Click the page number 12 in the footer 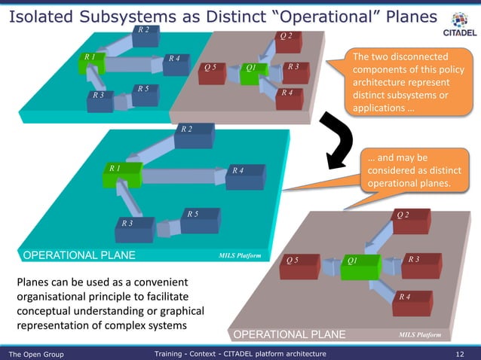coord(460,353)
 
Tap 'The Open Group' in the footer coord(36,353)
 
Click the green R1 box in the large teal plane coord(121,172)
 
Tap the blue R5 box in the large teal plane coord(200,219)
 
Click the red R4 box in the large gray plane coord(412,302)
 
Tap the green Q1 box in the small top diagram coord(256,72)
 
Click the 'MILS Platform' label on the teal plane coord(240,256)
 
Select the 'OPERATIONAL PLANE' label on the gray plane coord(289,334)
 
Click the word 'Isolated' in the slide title coord(41,15)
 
